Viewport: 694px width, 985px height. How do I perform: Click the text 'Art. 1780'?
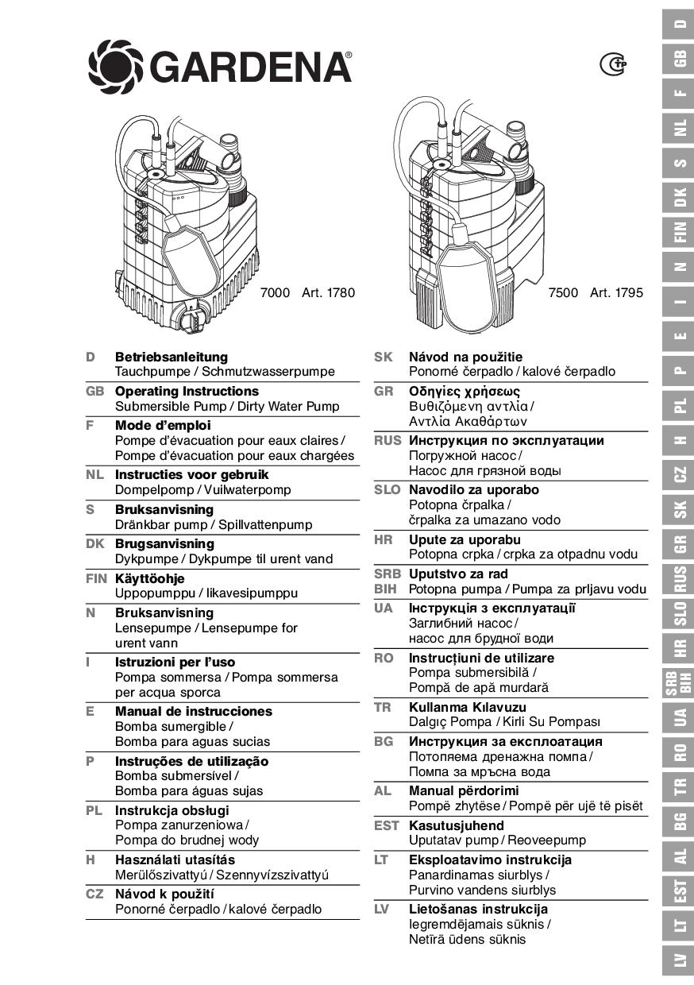tap(328, 292)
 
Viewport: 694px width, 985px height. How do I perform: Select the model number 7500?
tap(563, 292)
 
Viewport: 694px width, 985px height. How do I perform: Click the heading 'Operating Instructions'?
tap(187, 391)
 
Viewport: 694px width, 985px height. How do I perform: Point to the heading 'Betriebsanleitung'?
tap(171, 357)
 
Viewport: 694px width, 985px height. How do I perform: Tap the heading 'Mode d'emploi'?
tap(163, 425)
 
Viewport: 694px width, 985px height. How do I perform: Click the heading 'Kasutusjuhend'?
tap(456, 825)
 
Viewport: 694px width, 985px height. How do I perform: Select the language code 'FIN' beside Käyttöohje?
tap(95, 578)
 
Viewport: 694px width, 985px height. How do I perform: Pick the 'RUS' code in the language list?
tap(387, 440)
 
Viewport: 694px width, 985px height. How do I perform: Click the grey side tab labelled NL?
tap(679, 128)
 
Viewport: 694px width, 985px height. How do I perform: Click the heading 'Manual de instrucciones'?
tap(193, 711)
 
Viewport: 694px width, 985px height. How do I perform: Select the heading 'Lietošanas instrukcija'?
tap(477, 909)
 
